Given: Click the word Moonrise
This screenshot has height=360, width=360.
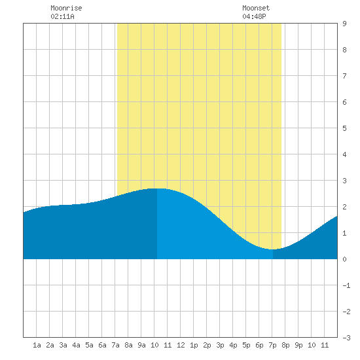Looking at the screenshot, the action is point(66,8).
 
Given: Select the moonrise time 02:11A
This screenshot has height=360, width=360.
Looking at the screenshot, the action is point(62,16).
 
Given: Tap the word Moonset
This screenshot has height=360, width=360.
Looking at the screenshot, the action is point(256,8).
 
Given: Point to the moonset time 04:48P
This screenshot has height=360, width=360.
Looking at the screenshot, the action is point(254,16).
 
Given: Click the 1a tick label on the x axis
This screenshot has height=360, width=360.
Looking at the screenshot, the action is point(37,345).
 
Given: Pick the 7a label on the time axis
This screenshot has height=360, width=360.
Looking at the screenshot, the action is point(115,345).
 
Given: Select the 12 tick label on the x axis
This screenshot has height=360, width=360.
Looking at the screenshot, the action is point(181,345).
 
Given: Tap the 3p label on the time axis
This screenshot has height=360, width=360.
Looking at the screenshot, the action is point(220,345).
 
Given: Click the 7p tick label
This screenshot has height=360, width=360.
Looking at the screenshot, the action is point(272,345).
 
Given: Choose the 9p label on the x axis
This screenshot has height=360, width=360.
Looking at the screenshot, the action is point(298,345).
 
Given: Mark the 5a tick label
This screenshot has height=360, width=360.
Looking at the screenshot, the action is point(89,345).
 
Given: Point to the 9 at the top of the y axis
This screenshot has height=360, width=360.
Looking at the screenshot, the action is point(344,24).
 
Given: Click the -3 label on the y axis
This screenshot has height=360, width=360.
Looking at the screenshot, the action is point(346,338).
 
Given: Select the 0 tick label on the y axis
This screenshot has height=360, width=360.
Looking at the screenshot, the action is point(344,259).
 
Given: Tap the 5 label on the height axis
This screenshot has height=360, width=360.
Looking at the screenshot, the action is point(344,128).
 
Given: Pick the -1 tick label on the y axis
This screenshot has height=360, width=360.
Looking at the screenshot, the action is point(346,285).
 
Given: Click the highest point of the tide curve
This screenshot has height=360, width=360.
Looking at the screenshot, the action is point(158,189).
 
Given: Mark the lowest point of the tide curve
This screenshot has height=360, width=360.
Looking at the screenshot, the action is point(272,249).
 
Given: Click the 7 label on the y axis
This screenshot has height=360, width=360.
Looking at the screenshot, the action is point(344,76).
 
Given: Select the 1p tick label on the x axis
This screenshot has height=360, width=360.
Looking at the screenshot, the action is point(194,345).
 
